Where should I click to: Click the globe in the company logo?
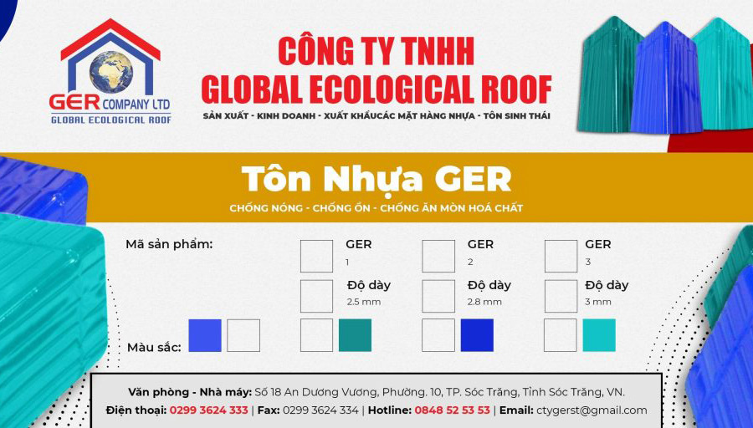click(111, 72)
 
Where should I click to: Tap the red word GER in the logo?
click(74, 102)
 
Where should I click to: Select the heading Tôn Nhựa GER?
click(376, 179)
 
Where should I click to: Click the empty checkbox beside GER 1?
click(316, 257)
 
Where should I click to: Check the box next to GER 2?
click(438, 257)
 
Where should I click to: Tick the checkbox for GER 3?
click(561, 257)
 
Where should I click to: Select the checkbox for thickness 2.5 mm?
click(316, 296)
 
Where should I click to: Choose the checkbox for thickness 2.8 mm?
click(438, 296)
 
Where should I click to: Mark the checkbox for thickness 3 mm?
click(561, 296)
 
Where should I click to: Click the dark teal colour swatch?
click(355, 335)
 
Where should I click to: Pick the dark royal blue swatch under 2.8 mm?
click(477, 335)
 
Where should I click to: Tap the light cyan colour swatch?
click(599, 335)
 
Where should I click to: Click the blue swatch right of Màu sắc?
click(205, 335)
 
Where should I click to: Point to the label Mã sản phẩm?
click(169, 245)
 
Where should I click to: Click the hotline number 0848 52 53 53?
click(453, 410)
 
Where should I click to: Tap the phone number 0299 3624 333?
click(209, 410)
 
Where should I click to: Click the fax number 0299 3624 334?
click(320, 410)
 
